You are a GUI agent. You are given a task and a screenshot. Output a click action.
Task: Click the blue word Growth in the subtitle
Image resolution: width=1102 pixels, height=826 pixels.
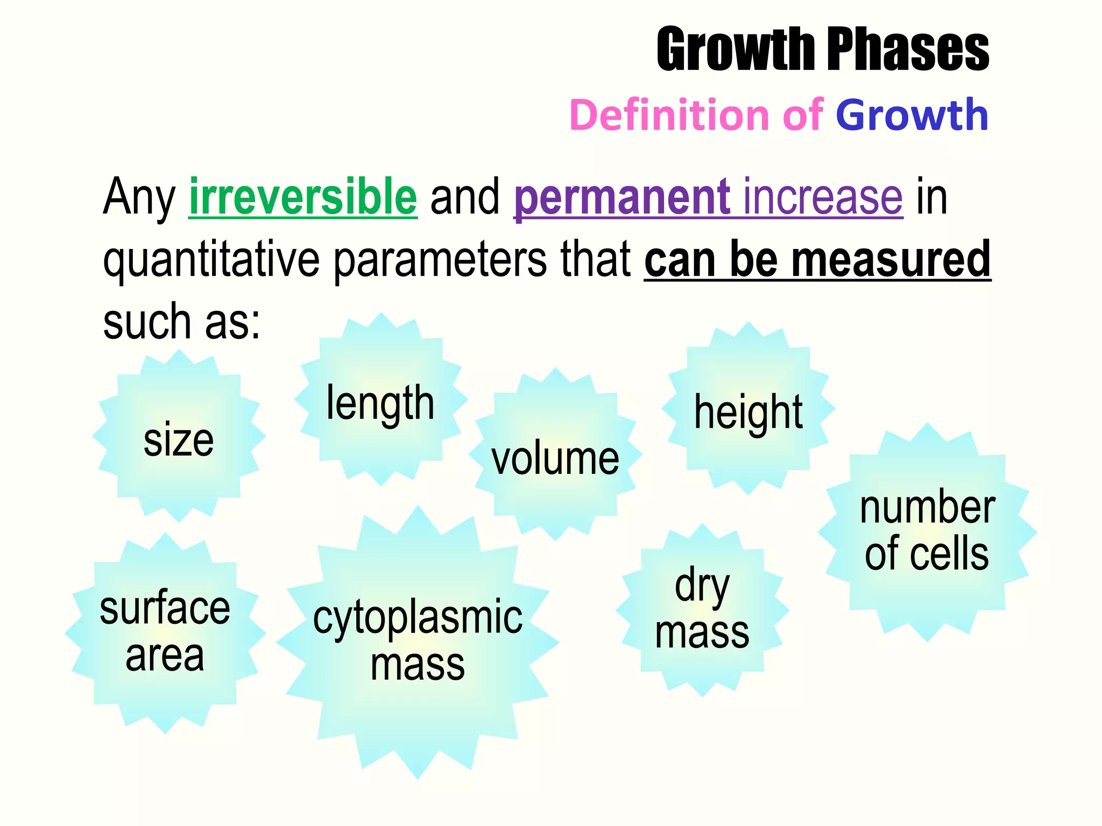tap(912, 115)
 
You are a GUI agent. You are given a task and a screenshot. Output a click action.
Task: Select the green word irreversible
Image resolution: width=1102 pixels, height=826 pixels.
tap(303, 197)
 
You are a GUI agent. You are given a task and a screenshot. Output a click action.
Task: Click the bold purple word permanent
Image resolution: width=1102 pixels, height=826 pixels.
tap(622, 197)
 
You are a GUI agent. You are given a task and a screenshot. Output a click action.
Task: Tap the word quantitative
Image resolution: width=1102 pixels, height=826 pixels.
tap(211, 260)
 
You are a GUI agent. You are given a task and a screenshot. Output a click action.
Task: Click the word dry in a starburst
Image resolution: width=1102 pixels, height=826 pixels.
tap(702, 586)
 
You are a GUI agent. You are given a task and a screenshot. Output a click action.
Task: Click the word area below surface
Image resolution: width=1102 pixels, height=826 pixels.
tap(165, 656)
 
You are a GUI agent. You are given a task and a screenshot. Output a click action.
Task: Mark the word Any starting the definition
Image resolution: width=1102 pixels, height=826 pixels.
tap(139, 198)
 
